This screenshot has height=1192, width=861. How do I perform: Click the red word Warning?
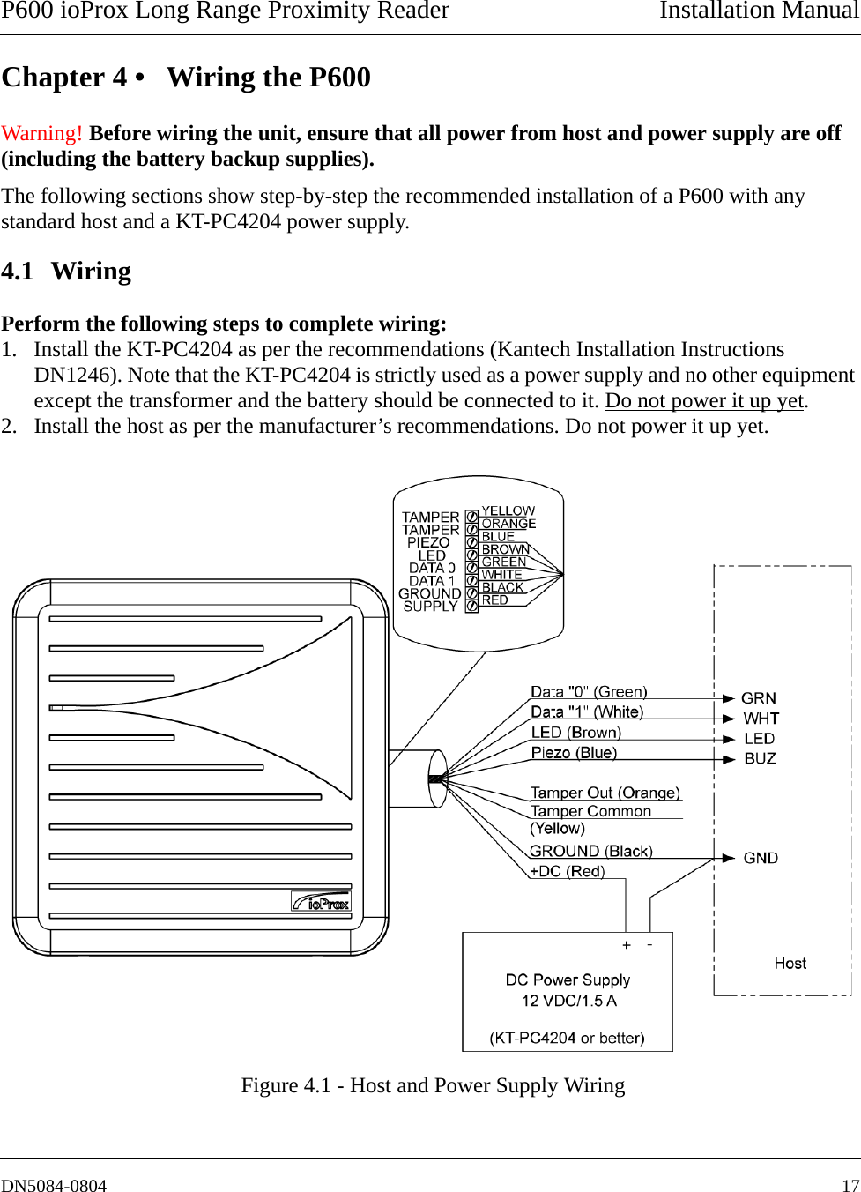tap(41, 133)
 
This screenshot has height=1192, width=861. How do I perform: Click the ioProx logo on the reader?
tap(321, 902)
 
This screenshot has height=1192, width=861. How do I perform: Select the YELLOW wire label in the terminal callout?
tap(508, 510)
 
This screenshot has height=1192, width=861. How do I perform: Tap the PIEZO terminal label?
tap(428, 543)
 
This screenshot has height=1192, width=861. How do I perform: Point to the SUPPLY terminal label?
tap(430, 607)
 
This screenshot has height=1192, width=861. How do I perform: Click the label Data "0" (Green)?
tap(589, 692)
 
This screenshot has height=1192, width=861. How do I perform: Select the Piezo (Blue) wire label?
tap(574, 753)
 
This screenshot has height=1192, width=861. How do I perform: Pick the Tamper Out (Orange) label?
tap(605, 793)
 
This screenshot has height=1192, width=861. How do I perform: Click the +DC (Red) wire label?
tap(567, 871)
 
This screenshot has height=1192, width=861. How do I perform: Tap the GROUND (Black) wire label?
tap(590, 851)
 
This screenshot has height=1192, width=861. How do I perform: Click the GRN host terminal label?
tap(759, 698)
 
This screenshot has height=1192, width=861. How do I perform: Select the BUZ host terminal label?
tap(760, 759)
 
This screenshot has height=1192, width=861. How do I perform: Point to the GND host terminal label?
tap(761, 858)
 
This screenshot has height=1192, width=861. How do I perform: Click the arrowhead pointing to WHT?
tap(728, 719)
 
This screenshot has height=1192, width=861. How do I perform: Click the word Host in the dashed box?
tap(790, 963)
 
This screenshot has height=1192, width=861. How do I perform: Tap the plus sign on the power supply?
tap(627, 945)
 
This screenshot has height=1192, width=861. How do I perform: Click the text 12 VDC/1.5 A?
tap(568, 1001)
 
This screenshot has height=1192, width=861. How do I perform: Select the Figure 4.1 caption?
tap(433, 1085)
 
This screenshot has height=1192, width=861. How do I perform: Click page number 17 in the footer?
tap(850, 1186)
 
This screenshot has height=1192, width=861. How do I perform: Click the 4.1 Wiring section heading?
tap(66, 272)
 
